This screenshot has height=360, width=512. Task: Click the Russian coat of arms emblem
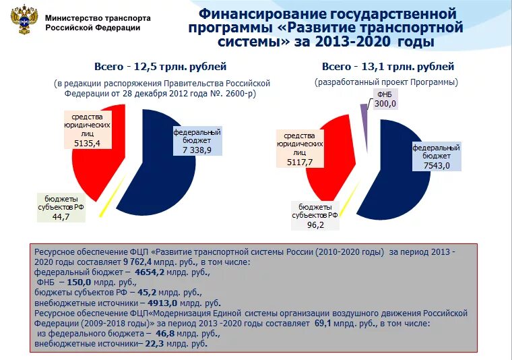click(x=22, y=21)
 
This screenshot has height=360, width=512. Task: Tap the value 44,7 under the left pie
click(x=61, y=217)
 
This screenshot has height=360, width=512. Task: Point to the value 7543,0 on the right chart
click(x=436, y=165)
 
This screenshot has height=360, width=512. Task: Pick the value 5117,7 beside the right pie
click(x=299, y=162)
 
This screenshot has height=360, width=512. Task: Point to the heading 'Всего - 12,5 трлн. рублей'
click(x=160, y=67)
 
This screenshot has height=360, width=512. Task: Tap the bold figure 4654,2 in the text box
click(x=155, y=272)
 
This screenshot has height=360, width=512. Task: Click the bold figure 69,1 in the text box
click(x=326, y=324)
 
